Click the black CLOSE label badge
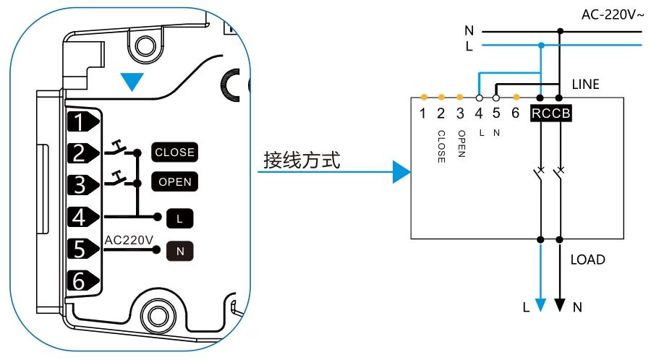[174, 153]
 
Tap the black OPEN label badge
[174, 181]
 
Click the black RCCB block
[551, 113]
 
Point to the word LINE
[587, 85]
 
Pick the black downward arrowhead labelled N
[559, 304]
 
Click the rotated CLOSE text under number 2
[441, 147]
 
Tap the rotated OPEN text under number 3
[460, 145]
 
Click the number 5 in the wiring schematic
[496, 113]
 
